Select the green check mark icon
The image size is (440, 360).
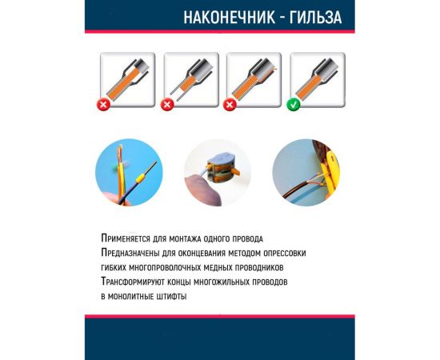coord(295,104)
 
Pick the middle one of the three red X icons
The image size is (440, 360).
coord(168,104)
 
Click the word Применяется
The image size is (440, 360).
coord(128,239)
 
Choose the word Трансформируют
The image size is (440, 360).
coord(138,282)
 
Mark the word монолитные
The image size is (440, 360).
coord(138,297)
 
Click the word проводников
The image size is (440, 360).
coord(266,268)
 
